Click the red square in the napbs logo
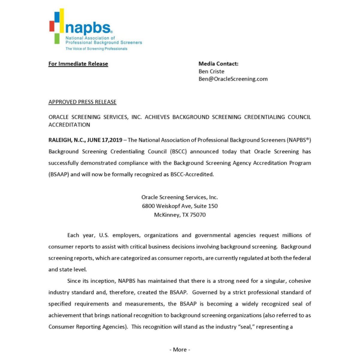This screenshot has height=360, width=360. [x=52, y=26]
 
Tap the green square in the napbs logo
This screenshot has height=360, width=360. [x=57, y=38]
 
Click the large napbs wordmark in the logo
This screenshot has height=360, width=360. [x=88, y=28]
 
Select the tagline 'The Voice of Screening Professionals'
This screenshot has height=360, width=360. [x=96, y=49]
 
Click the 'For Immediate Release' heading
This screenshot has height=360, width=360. [x=78, y=64]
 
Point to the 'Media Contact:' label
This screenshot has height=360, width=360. [x=218, y=64]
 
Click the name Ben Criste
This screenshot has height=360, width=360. [x=211, y=71]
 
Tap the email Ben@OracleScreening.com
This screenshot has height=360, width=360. [x=233, y=79]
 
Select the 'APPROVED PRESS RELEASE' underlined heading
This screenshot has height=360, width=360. [x=82, y=102]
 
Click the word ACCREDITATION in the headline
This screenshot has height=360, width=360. [x=69, y=124]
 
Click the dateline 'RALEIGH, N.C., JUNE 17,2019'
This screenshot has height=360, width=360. [x=85, y=140]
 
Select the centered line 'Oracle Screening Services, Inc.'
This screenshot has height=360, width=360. [x=179, y=197]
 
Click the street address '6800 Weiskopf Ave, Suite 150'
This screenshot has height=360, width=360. [x=180, y=206]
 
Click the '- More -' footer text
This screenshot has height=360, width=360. [x=180, y=349]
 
